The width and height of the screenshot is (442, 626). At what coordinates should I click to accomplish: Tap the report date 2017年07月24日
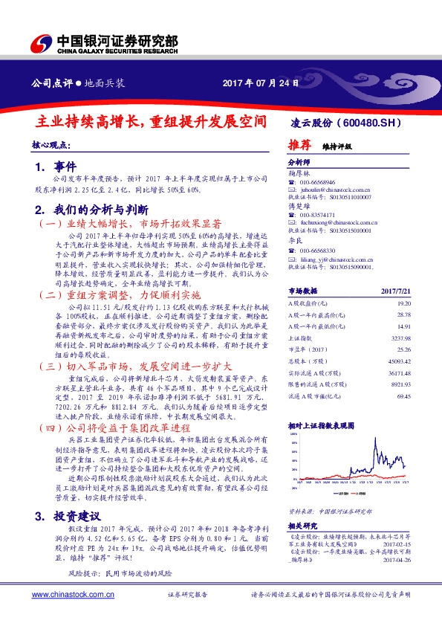pos(261,83)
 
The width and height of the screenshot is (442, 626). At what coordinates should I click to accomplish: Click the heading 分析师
pos(297,161)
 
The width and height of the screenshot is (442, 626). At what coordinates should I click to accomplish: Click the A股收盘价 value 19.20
pos(403,304)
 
